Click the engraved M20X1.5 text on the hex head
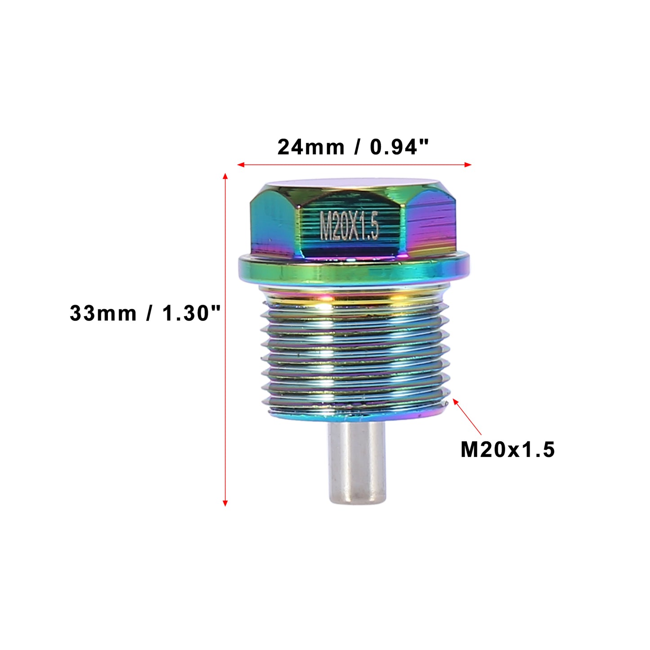(349, 226)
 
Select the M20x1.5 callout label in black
(507, 450)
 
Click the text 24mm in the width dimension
(311, 148)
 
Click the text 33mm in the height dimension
(103, 313)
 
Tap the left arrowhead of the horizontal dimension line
(241, 165)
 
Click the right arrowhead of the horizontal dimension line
(467, 165)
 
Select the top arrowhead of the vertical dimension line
(225, 176)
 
